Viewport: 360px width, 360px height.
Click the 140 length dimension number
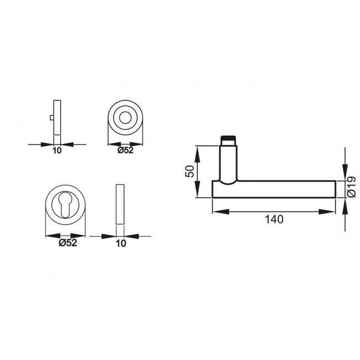pos(274,219)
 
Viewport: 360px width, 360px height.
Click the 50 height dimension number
pos(189,171)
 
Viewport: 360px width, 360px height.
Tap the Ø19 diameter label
pos(351,187)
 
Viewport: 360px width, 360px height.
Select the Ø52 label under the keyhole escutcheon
pos(67,243)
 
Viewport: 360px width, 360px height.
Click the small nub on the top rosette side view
pos(52,119)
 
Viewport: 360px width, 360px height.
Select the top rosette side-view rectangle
pos(57,117)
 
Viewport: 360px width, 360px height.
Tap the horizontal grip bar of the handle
pos(282,189)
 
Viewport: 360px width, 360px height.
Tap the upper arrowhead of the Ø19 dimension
pos(345,175)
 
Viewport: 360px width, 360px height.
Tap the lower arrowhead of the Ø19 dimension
pos(345,203)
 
